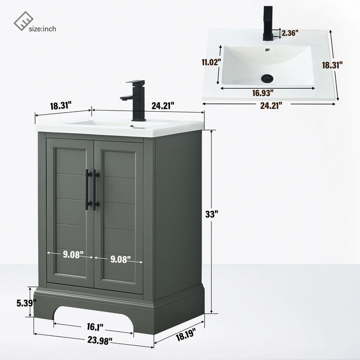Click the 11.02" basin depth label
coord(211,62)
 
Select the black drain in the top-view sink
coord(267,78)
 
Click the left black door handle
coord(88,190)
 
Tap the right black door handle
coord(96,190)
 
